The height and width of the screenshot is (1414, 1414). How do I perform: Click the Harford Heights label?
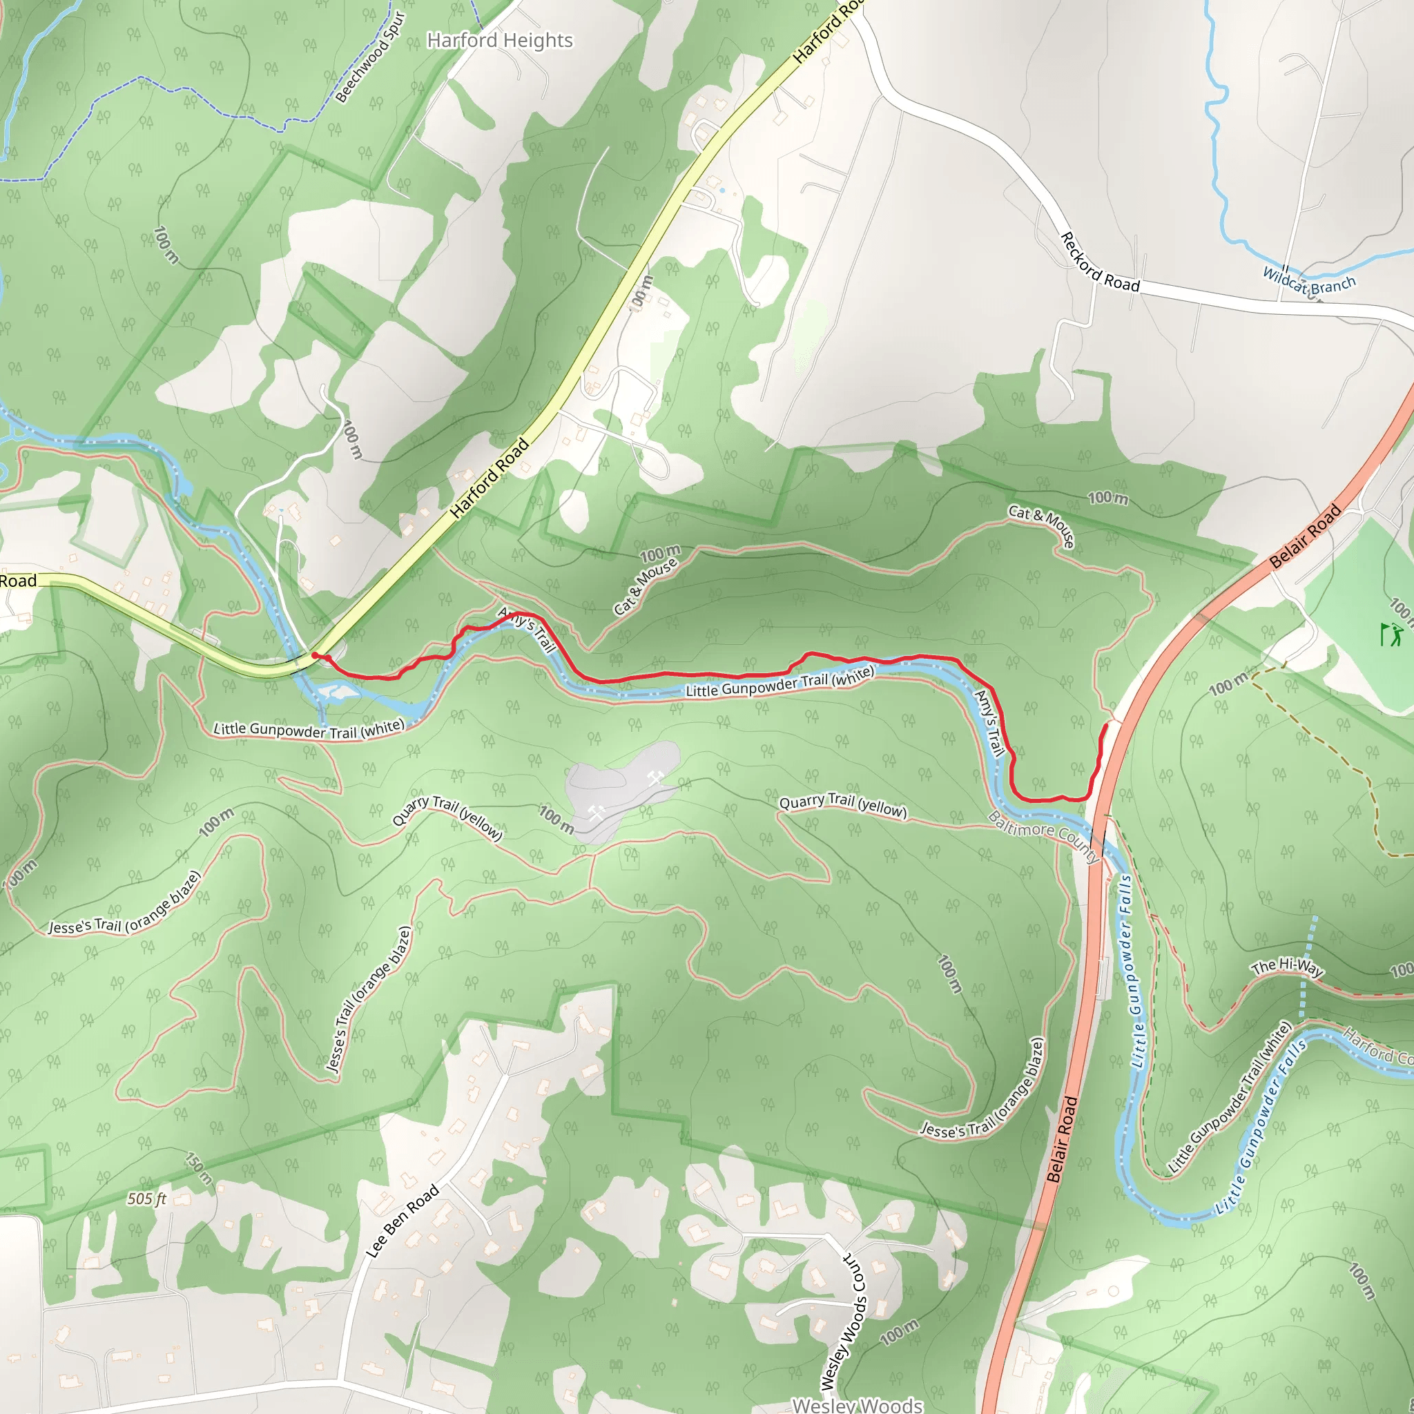500,40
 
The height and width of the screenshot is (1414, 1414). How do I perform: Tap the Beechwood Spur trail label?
370,58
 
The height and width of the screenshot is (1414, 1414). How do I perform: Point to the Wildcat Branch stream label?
1308,281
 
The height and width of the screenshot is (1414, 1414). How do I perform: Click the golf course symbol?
1391,634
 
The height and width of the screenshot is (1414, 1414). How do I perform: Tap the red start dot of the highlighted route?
315,656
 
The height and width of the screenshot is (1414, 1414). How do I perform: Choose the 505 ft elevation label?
146,1199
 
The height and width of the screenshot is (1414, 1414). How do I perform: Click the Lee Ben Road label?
403,1221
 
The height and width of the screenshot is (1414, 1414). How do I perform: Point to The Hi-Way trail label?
1288,968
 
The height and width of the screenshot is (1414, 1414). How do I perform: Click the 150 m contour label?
198,1168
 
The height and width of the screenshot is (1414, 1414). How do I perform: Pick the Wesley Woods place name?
857,1404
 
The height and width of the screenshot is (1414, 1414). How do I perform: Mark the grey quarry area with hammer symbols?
621,793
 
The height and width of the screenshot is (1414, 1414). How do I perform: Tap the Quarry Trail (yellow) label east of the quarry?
842,805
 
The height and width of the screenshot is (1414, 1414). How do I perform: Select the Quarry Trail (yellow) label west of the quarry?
447,817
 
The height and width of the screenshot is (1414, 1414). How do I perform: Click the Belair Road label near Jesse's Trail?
1062,1139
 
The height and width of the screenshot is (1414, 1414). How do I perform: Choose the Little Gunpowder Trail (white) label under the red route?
779,682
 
